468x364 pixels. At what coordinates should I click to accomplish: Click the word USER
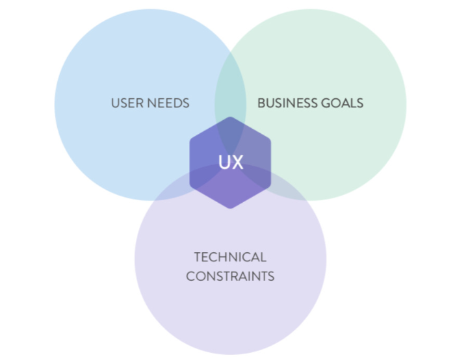point(125,103)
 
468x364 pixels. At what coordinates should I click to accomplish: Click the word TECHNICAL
point(230,257)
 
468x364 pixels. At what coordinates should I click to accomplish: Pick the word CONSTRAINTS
point(230,276)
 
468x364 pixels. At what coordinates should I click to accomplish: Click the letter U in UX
point(223,162)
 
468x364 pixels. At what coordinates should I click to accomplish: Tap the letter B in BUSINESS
point(261,103)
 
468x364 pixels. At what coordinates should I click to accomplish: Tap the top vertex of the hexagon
point(230,117)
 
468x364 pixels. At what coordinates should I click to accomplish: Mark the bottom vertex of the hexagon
point(230,209)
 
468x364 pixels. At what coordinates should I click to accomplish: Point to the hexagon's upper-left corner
point(190,140)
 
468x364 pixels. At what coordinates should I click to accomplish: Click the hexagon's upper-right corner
point(270,140)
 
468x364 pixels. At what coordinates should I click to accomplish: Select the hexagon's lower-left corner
point(190,186)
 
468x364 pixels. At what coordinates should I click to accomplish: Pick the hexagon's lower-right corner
point(270,186)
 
